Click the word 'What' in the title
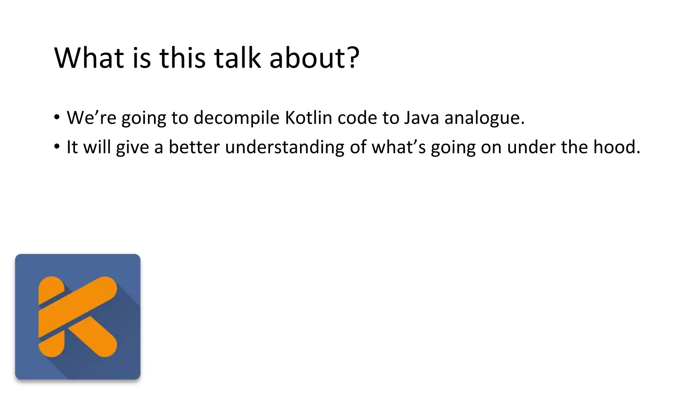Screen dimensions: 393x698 (x=89, y=58)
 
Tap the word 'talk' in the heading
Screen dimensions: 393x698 (x=237, y=58)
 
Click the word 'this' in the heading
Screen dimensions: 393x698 (x=182, y=58)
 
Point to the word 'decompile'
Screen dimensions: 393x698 (x=237, y=118)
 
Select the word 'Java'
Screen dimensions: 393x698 (x=422, y=118)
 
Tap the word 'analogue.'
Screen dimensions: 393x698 (x=484, y=118)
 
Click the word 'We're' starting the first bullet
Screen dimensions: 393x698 (x=91, y=118)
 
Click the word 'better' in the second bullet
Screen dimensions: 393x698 (x=194, y=147)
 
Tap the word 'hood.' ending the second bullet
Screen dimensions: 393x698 (x=617, y=147)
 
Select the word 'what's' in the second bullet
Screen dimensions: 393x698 (x=398, y=147)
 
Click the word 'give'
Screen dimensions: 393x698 (x=132, y=147)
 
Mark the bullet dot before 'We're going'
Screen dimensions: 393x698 (x=57, y=117)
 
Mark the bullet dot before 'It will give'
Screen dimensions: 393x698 (x=57, y=147)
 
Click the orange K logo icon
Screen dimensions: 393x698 (x=78, y=317)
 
